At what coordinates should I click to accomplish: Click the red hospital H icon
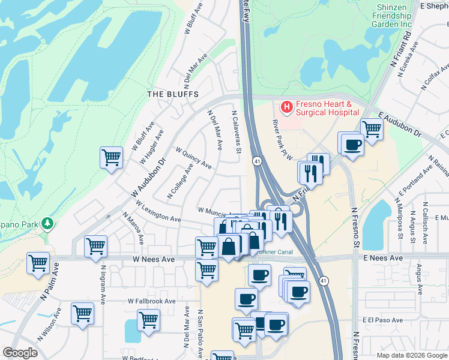[286, 107]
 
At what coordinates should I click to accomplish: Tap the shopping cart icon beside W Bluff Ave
[111, 158]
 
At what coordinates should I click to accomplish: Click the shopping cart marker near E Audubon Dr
[372, 128]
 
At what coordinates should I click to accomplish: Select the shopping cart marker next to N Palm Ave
[38, 263]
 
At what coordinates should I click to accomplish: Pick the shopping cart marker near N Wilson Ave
[82, 313]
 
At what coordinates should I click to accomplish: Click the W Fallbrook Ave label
[151, 301]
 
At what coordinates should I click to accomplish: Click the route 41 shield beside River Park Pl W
[256, 161]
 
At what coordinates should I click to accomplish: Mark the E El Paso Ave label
[384, 320]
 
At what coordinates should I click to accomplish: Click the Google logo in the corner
[20, 353]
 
